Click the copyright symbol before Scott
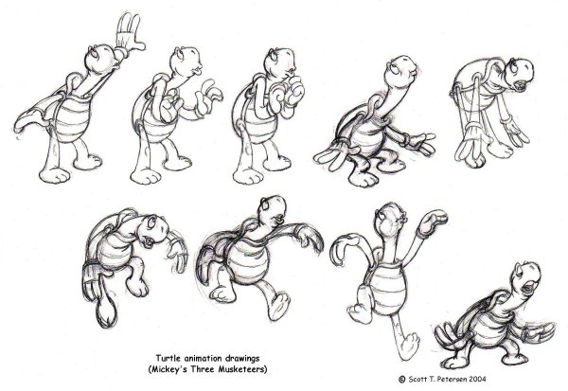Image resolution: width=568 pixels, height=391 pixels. pyautogui.click(x=401, y=380)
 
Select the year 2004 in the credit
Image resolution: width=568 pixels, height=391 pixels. pyautogui.click(x=478, y=380)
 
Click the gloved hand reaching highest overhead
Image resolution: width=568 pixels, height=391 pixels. pyautogui.click(x=129, y=33)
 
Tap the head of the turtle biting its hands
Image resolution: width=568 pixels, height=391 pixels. pyautogui.click(x=279, y=62)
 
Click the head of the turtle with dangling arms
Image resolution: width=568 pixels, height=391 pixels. pyautogui.click(x=519, y=74)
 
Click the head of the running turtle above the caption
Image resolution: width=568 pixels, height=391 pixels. pyautogui.click(x=273, y=211)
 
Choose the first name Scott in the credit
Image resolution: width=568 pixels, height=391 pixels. pyautogui.click(x=418, y=380)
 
